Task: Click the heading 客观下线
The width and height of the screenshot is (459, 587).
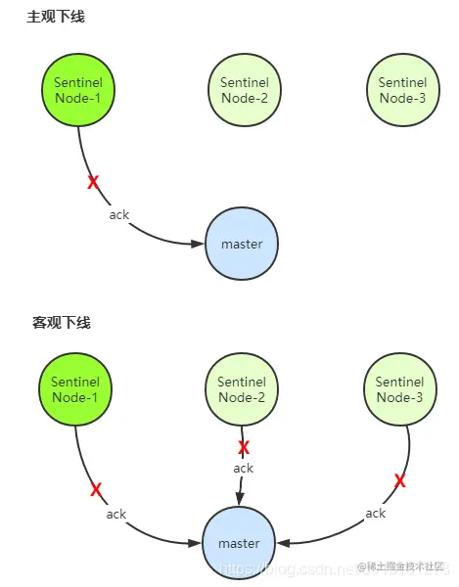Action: [61, 322]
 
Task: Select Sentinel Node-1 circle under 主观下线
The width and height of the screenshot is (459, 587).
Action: [78, 90]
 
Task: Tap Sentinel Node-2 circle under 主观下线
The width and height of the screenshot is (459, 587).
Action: [244, 90]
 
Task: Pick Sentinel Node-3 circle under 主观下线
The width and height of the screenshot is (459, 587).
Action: [402, 90]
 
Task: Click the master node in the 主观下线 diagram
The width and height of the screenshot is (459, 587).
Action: [241, 244]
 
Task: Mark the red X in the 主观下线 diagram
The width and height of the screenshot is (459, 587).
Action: [93, 182]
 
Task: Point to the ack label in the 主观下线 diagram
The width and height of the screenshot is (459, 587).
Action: [119, 215]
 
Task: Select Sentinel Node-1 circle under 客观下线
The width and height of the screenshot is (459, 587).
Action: [74, 389]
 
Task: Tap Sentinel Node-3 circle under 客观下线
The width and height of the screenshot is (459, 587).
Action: [399, 389]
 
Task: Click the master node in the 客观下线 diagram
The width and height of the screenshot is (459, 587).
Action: [239, 543]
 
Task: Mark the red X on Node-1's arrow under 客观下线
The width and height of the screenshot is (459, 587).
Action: [96, 488]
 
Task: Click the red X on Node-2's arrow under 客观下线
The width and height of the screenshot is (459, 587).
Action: [244, 447]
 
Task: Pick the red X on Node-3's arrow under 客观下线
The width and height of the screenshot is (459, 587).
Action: [399, 480]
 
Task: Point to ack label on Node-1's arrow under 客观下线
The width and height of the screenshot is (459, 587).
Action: [116, 514]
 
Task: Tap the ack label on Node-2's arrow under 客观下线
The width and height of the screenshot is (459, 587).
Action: [244, 469]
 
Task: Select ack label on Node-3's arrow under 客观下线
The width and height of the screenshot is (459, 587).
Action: [375, 513]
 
